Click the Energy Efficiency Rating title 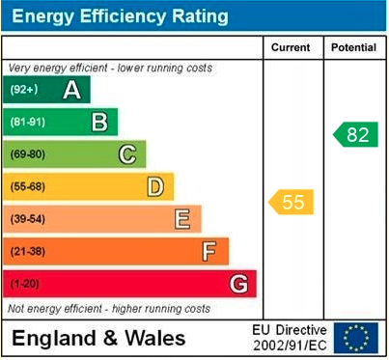[x=120, y=16]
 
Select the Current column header [x=291, y=47]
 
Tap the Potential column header [x=353, y=47]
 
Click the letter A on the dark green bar [x=71, y=91]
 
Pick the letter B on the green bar [x=98, y=123]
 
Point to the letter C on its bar [x=126, y=154]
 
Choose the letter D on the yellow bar [x=154, y=186]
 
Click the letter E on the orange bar [x=181, y=219]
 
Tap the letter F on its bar [x=209, y=251]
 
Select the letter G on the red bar [x=237, y=284]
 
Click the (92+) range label [x=24, y=91]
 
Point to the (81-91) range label [x=28, y=123]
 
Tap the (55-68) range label [x=28, y=187]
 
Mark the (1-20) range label [x=25, y=284]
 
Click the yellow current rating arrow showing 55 [x=291, y=202]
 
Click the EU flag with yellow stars [x=356, y=338]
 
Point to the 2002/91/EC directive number [x=290, y=346]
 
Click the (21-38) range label [x=28, y=252]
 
